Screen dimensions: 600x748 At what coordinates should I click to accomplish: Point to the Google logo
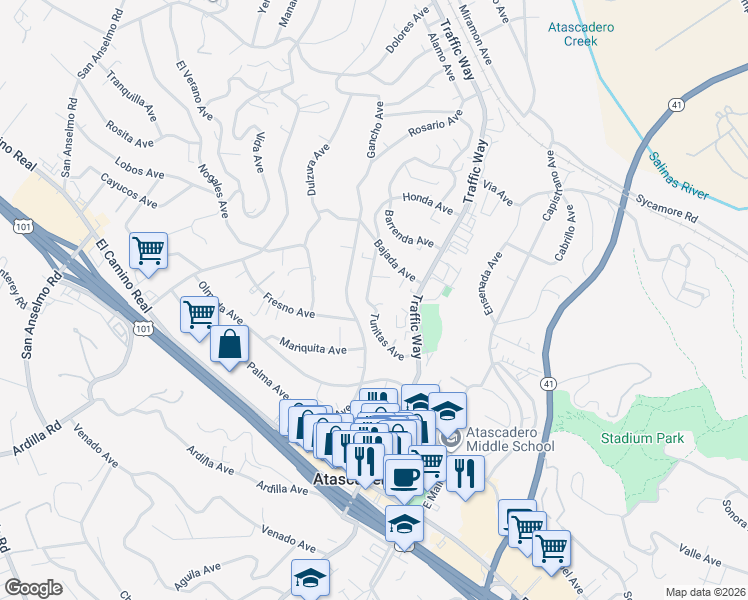pyautogui.click(x=33, y=588)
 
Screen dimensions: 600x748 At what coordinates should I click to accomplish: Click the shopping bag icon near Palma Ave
pyautogui.click(x=229, y=344)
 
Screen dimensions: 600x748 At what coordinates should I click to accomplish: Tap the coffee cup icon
pyautogui.click(x=404, y=476)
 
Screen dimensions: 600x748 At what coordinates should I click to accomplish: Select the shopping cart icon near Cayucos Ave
pyautogui.click(x=148, y=251)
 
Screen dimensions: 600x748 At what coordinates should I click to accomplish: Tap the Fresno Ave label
pyautogui.click(x=289, y=305)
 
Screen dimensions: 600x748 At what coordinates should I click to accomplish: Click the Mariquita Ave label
pyautogui.click(x=313, y=346)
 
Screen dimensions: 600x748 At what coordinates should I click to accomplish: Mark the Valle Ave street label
pyautogui.click(x=699, y=555)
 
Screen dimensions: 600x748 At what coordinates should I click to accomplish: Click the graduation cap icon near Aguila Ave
pyautogui.click(x=310, y=577)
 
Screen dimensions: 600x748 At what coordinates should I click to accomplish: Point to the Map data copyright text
pyautogui.click(x=706, y=591)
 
